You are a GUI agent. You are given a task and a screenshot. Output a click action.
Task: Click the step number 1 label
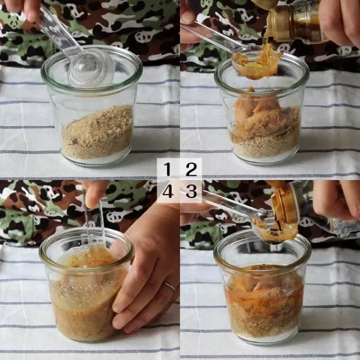[x=167, y=169]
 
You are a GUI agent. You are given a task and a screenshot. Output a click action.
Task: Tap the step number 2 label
[x=191, y=169]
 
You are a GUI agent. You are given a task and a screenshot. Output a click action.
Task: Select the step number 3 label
[x=191, y=191]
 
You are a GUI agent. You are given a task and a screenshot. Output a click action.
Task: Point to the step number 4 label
[x=168, y=191]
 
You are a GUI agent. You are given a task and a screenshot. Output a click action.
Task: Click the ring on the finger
[x=169, y=286]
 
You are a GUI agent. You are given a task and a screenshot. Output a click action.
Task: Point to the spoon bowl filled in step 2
[x=256, y=62]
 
